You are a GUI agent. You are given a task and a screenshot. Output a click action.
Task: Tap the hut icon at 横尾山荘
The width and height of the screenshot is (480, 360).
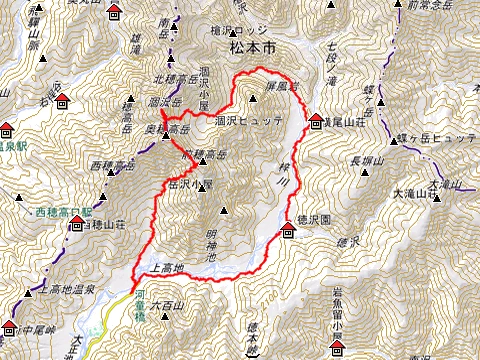point(316,118)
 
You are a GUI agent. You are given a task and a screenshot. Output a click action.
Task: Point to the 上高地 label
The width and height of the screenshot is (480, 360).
point(165,268)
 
